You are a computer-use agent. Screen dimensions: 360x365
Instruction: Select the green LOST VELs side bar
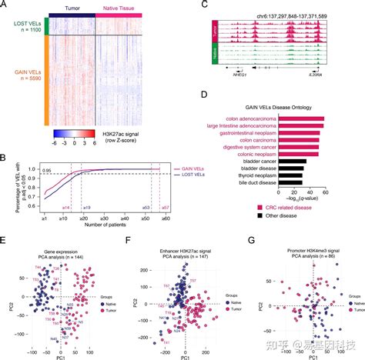pos(47,28)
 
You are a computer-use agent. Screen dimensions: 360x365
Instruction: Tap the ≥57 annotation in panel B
pos(165,208)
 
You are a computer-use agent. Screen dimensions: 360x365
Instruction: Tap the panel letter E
pos(5,241)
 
